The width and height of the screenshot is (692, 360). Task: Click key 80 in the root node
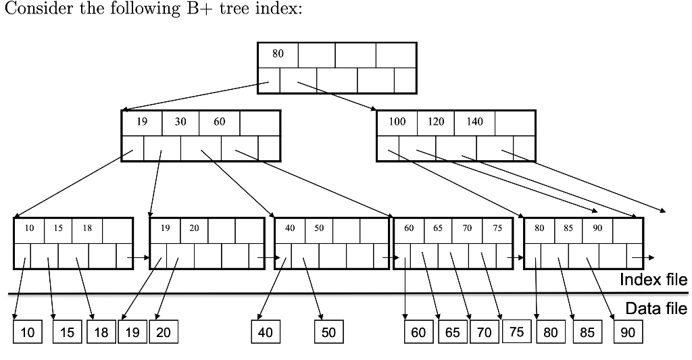click(x=278, y=54)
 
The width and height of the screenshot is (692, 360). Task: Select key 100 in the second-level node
click(x=397, y=122)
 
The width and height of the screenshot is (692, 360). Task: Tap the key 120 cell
click(x=436, y=122)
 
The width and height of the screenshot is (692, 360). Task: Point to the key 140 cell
click(x=474, y=122)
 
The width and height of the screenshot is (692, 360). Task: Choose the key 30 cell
click(x=180, y=122)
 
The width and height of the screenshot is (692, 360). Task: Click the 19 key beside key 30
click(x=142, y=122)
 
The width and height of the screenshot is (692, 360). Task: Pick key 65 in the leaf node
click(x=438, y=228)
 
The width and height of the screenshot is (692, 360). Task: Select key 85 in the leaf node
click(x=568, y=228)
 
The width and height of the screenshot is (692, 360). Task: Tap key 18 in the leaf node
click(x=87, y=228)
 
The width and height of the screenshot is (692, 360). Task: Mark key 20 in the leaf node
click(x=194, y=228)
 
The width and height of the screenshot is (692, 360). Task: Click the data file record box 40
click(x=266, y=332)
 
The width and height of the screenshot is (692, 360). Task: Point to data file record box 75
click(x=516, y=332)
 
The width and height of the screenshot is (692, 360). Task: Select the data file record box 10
click(x=27, y=332)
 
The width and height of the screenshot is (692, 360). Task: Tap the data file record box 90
click(x=628, y=332)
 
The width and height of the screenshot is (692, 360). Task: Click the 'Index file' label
click(x=653, y=280)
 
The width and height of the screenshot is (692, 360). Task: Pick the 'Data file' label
click(x=656, y=309)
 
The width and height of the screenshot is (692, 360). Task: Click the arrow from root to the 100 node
click(x=336, y=95)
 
